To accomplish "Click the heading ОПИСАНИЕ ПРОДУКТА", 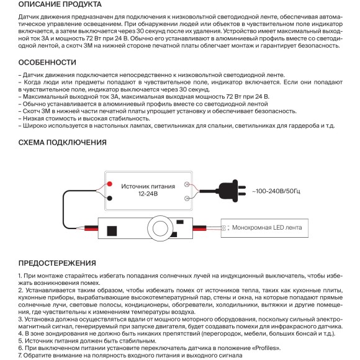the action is coord(60,4).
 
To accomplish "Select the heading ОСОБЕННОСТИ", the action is coord(47,63).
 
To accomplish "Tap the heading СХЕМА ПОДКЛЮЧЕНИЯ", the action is coord(63,142).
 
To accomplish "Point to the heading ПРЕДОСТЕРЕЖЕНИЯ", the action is coord(57,263).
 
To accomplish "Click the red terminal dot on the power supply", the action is coord(110,184).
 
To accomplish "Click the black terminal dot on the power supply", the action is coord(110,198).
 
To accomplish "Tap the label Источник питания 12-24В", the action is coord(148,190).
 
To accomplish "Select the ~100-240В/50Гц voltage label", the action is coord(276,191).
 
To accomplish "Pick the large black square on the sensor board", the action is coord(112,231).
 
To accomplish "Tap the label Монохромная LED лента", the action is coord(267,228).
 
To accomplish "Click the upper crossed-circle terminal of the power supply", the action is coord(187,184).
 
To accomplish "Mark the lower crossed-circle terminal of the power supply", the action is coord(187,199).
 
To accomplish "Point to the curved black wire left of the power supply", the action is coord(63,209).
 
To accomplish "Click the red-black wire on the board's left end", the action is coord(91,228).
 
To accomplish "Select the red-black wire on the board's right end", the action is coord(199,228).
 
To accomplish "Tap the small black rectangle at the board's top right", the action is coord(180,222).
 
